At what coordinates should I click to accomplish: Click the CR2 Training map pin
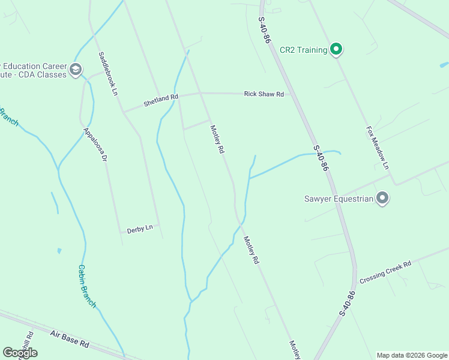pyautogui.click(x=337, y=50)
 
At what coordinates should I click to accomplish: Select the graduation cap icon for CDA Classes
pyautogui.click(x=75, y=70)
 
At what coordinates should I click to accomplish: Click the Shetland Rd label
pyautogui.click(x=161, y=100)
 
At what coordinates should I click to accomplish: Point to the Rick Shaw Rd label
pyautogui.click(x=264, y=94)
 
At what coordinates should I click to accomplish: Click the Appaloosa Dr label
pyautogui.click(x=95, y=145)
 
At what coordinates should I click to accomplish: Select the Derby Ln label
pyautogui.click(x=140, y=229)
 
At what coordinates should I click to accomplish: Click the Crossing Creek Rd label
pyautogui.click(x=385, y=273)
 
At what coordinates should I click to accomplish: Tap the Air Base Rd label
pyautogui.click(x=70, y=339)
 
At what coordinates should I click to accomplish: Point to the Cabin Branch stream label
pyautogui.click(x=87, y=286)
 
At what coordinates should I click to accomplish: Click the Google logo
pyautogui.click(x=20, y=353)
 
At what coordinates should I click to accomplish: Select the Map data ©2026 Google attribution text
pyautogui.click(x=412, y=355)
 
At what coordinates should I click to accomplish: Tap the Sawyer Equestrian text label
pyautogui.click(x=339, y=198)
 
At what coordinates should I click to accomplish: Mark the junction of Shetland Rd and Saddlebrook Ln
pyautogui.click(x=123, y=112)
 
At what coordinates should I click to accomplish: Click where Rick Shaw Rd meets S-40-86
pyautogui.click(x=291, y=94)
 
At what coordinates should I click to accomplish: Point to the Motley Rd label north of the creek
pyautogui.click(x=217, y=139)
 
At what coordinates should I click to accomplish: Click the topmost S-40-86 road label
pyautogui.click(x=265, y=29)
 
